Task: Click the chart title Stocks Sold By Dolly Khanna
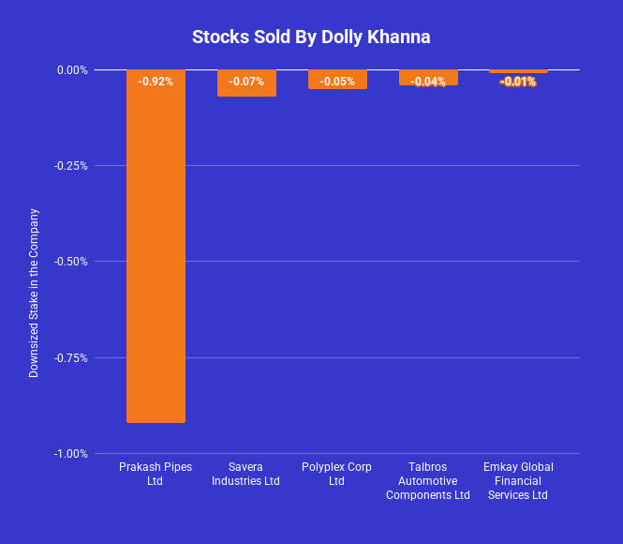click(x=311, y=38)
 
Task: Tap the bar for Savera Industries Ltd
click(x=246, y=90)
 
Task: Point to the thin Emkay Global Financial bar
click(x=518, y=71)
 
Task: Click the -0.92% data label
click(x=156, y=82)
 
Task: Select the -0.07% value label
click(x=246, y=82)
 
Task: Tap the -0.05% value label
click(x=337, y=82)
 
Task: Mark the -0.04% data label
click(x=428, y=82)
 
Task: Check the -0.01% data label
click(x=518, y=82)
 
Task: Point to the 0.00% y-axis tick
click(x=72, y=69)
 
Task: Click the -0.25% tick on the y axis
click(x=70, y=166)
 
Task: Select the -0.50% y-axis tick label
click(x=70, y=262)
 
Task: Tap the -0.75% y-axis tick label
click(x=70, y=357)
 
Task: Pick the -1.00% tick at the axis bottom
click(x=70, y=454)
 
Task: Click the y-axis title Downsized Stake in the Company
click(x=34, y=293)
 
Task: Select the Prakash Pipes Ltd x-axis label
click(x=155, y=474)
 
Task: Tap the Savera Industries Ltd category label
click(x=245, y=474)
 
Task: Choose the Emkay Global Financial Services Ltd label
click(x=518, y=480)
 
